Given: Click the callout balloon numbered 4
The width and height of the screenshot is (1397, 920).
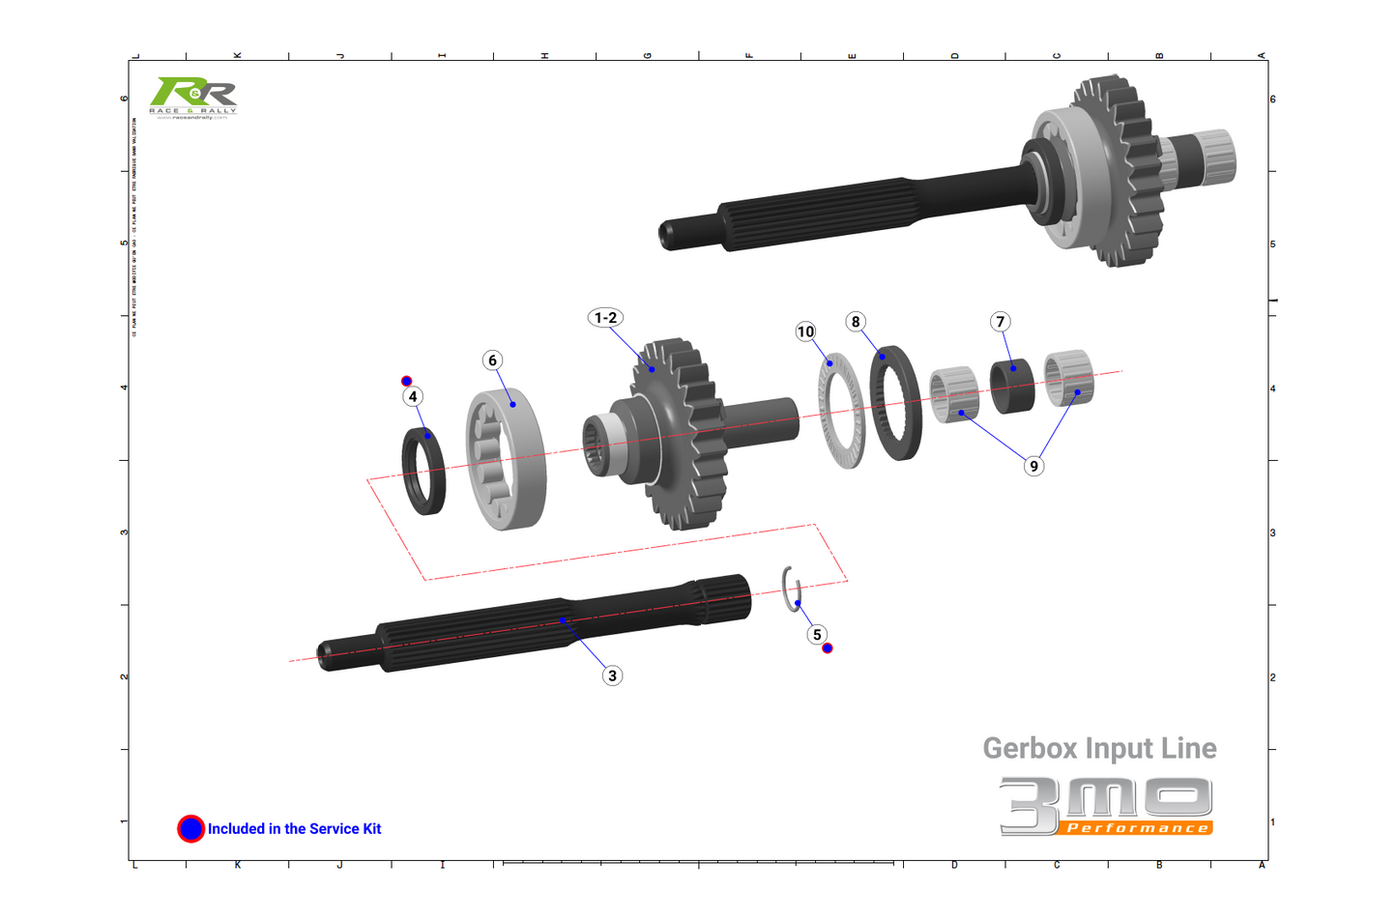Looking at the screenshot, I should tap(413, 396).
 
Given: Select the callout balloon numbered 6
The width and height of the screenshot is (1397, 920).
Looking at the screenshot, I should tap(493, 360).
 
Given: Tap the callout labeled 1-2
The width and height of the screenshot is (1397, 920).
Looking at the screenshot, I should tap(606, 318).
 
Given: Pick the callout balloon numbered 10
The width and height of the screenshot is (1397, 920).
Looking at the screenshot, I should tap(805, 331).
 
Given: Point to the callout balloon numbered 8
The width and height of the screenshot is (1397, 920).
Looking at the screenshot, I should tap(856, 322).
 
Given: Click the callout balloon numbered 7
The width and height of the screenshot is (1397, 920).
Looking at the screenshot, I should tap(1001, 322).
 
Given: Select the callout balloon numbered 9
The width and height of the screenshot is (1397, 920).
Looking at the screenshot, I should tap(1033, 466).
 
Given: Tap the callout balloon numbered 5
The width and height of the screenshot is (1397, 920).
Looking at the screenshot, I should tap(817, 634).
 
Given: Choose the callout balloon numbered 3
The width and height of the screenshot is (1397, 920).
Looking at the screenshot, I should tap(612, 676).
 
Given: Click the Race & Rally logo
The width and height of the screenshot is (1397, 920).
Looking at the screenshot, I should tap(193, 98).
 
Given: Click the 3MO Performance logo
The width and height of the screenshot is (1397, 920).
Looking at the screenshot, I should tap(1106, 806).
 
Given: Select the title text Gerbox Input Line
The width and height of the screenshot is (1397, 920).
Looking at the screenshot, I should tap(1099, 748).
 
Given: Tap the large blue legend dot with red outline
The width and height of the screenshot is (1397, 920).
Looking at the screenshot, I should tap(191, 828).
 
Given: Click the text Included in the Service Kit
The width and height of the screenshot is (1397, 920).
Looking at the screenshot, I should tap(294, 829).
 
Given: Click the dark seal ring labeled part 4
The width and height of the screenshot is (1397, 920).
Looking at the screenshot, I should tap(424, 471).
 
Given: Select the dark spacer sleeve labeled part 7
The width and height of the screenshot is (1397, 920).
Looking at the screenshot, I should tap(1012, 387).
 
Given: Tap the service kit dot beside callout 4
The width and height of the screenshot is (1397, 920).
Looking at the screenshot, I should tap(407, 381).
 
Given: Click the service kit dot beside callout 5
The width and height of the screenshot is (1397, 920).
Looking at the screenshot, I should tap(828, 648).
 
